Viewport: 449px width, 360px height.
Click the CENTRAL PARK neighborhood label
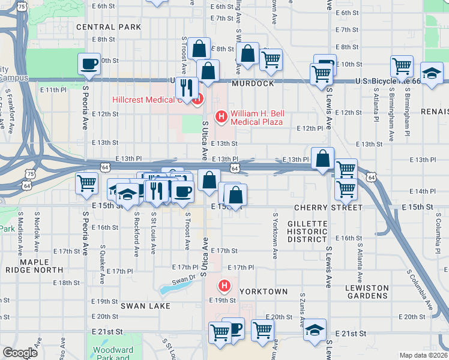pos(109,27)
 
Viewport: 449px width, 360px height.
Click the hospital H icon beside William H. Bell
pos(221,116)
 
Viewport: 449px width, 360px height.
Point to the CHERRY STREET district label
pos(328,207)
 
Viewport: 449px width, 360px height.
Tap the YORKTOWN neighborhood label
pos(264,292)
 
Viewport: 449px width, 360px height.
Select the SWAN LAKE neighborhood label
pos(145,306)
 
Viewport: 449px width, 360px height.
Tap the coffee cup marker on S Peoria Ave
pos(89,64)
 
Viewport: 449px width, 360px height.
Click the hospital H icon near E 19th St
pos(224,285)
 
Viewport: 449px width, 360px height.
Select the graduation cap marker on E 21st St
pos(315,329)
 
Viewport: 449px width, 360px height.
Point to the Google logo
pos(20,353)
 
